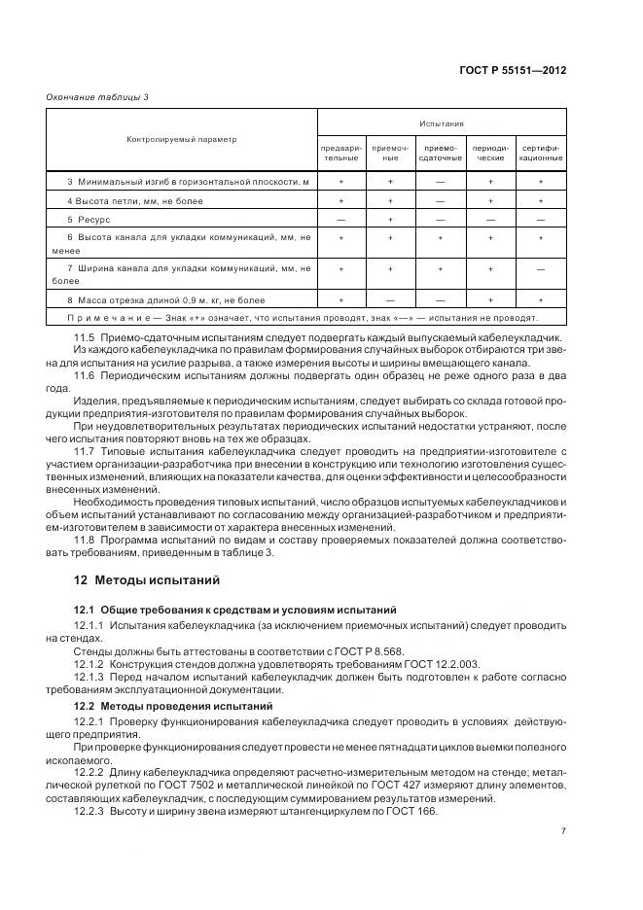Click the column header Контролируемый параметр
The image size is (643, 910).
[181, 139]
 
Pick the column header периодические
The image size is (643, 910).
[490, 153]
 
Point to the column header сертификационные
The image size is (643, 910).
[540, 153]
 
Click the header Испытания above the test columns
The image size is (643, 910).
[441, 123]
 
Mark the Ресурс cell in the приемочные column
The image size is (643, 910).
[390, 220]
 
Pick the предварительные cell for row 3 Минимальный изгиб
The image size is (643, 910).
[340, 182]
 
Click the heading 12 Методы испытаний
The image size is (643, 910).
[147, 580]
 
